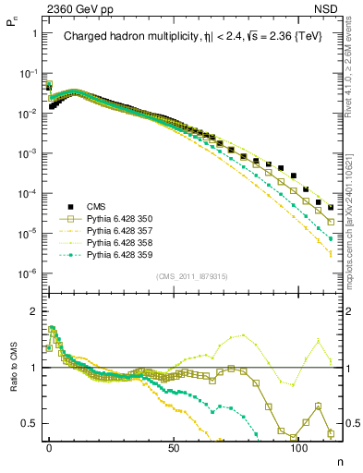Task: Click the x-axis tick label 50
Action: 174,446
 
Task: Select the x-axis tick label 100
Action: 298,446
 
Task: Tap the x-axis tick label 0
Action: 49,446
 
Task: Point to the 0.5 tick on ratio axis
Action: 30,423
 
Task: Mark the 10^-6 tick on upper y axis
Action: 28,273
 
